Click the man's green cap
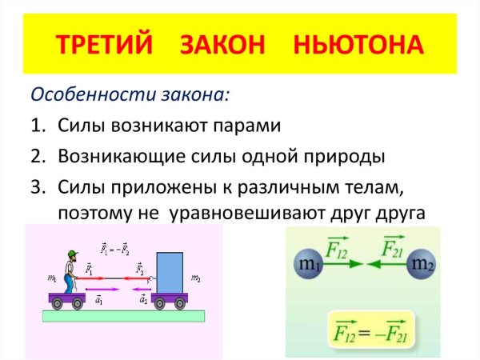(71, 255)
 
